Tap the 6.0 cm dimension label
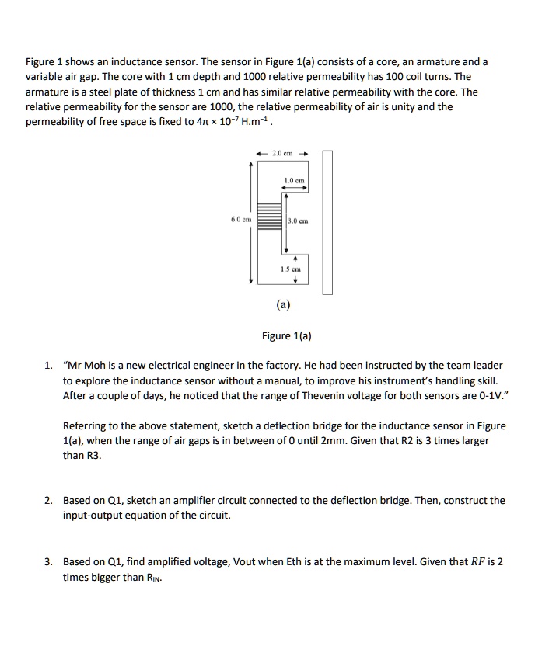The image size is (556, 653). [x=240, y=220]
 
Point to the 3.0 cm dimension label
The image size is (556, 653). [x=299, y=221]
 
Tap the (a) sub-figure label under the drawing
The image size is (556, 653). [x=283, y=306]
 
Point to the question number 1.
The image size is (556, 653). [x=48, y=366]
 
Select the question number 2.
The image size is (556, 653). [x=48, y=501]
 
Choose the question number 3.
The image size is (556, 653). [x=48, y=561]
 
